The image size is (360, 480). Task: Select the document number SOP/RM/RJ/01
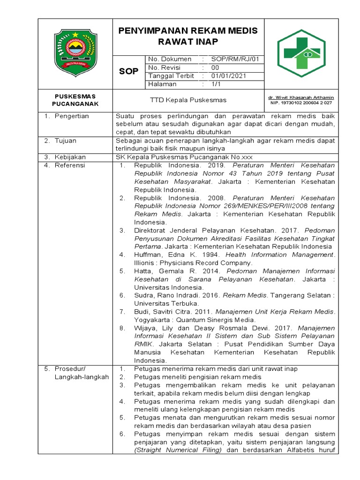coord(238,59)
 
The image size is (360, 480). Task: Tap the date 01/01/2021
coord(228,76)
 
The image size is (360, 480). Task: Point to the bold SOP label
coord(129,71)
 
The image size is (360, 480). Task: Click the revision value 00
coord(215,67)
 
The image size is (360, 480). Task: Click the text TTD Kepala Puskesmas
coord(188,100)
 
